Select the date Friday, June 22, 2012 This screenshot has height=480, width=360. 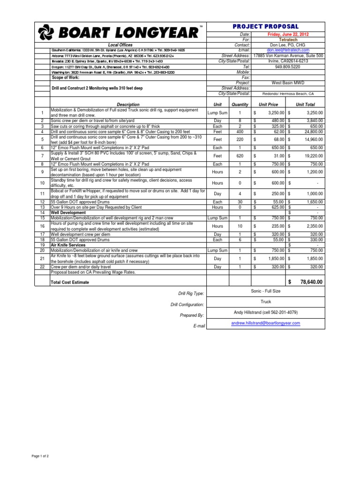coord(288,35)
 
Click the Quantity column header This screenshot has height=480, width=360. coord(240,104)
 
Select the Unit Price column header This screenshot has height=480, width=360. coord(265,104)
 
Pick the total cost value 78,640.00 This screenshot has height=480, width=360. coord(308,282)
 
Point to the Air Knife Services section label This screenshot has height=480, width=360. coord(68,245)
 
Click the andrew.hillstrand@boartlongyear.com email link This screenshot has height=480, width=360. coord(265,323)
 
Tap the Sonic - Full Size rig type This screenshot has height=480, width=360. coord(265,291)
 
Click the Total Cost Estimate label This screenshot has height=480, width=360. coord(70,283)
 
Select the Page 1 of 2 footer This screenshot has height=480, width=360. coord(40,456)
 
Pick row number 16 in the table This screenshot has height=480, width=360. coord(42,225)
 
